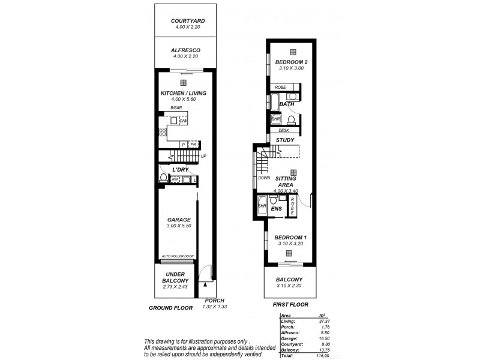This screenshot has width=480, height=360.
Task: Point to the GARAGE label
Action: click(179, 220)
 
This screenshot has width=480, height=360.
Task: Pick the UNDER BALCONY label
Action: click(176, 277)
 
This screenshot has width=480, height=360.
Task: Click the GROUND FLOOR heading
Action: click(170, 308)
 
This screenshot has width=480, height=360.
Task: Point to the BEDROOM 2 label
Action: click(291, 62)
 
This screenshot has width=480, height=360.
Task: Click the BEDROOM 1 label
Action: click(290, 238)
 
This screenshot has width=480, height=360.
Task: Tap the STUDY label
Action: click(285, 140)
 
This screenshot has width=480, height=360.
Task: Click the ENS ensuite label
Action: click(277, 209)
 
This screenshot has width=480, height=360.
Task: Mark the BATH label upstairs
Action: click(286, 104)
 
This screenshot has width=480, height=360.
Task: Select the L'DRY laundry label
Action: click(181, 170)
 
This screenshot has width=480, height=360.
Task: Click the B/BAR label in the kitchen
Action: click(176, 108)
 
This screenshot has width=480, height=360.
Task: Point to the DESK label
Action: click(284, 130)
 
